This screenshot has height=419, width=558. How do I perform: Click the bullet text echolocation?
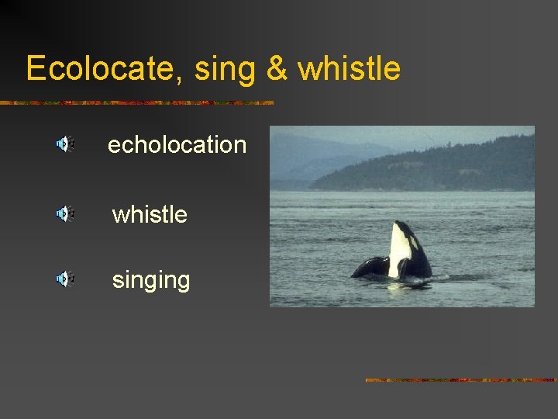177,144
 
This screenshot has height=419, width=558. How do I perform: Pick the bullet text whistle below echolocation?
150,213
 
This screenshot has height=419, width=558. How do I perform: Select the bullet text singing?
151,279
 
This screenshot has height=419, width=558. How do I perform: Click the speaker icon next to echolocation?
64,144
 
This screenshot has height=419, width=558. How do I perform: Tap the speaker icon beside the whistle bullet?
64,213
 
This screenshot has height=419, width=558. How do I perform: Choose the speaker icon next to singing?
64,279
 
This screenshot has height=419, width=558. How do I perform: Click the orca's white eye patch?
413,241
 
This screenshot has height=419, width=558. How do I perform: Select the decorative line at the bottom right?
461,380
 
